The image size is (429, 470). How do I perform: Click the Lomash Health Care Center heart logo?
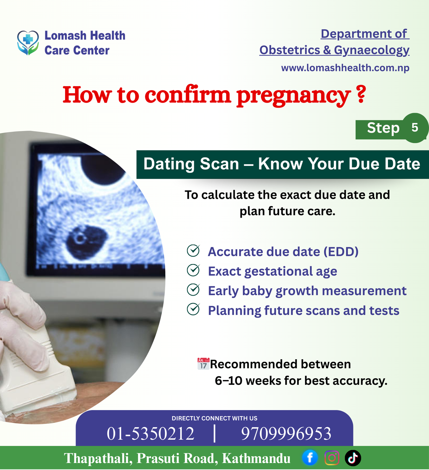pyautogui.click(x=28, y=43)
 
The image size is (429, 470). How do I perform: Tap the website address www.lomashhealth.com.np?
pyautogui.click(x=345, y=68)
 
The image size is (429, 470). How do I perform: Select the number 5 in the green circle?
pyautogui.click(x=415, y=128)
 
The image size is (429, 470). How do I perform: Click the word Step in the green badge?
pyautogui.click(x=383, y=128)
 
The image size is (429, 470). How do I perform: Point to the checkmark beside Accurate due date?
pyautogui.click(x=193, y=251)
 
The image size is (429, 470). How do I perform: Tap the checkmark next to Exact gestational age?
pyautogui.click(x=193, y=270)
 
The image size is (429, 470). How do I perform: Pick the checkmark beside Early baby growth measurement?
pyautogui.click(x=193, y=290)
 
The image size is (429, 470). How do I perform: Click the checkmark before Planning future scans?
pyautogui.click(x=193, y=309)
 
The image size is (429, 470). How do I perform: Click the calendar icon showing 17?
pyautogui.click(x=203, y=364)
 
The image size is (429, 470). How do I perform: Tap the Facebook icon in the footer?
pyautogui.click(x=310, y=458)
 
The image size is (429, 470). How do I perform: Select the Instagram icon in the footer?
pyautogui.click(x=332, y=458)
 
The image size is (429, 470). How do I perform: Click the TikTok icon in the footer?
pyautogui.click(x=353, y=458)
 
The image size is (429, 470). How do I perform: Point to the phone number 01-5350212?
pyautogui.click(x=151, y=434)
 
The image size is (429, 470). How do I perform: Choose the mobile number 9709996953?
pyautogui.click(x=286, y=434)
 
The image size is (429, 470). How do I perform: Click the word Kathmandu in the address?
pyautogui.click(x=256, y=458)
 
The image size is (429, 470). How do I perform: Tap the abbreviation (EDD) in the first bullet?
pyautogui.click(x=341, y=252)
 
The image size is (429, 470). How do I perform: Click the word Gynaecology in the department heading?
pyautogui.click(x=372, y=50)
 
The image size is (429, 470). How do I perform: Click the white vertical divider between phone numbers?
pyautogui.click(x=214, y=433)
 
